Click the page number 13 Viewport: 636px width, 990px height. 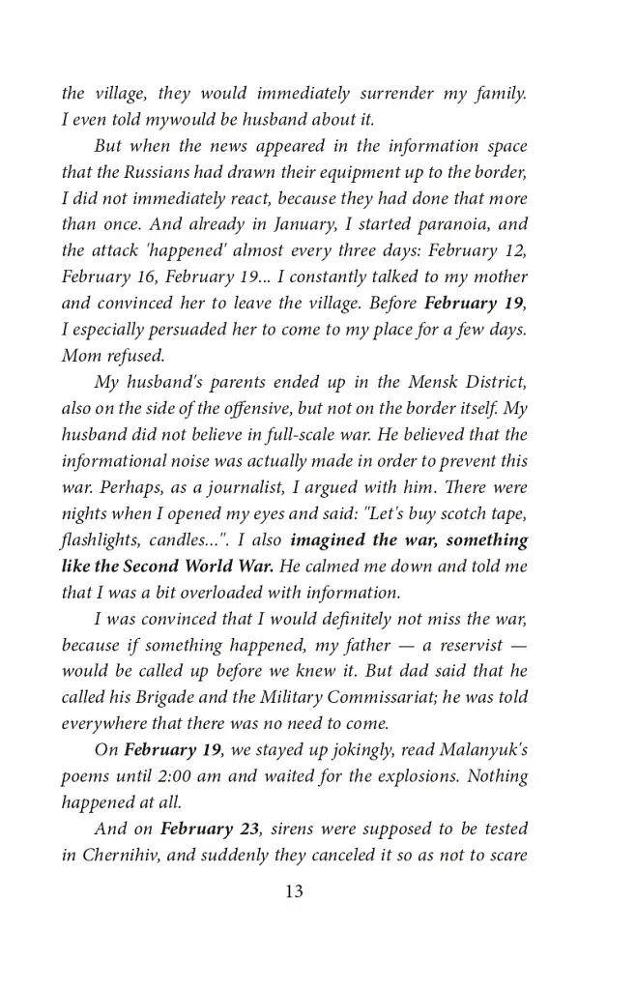click(x=294, y=891)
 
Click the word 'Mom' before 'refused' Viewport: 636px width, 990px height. click(x=79, y=355)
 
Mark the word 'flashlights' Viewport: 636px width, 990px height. click(x=102, y=539)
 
